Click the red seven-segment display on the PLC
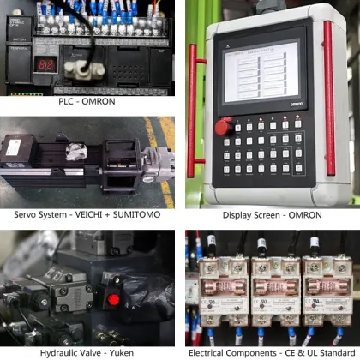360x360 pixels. (46, 64)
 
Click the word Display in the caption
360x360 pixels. (238, 216)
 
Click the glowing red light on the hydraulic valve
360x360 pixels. (114, 300)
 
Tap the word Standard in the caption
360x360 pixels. (333, 352)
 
